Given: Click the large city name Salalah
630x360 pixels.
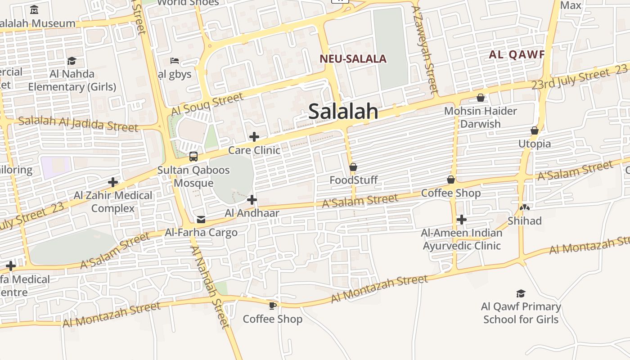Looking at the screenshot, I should pyautogui.click(x=343, y=111).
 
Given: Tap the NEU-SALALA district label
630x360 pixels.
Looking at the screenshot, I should pyautogui.click(x=353, y=59).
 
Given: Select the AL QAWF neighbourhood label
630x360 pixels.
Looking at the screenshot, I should pyautogui.click(x=517, y=55).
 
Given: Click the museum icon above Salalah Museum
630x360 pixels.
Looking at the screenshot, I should pyautogui.click(x=34, y=9).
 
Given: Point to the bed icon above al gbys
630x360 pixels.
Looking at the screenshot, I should pyautogui.click(x=175, y=61).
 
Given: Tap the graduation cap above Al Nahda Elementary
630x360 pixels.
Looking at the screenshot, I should pyautogui.click(x=72, y=61).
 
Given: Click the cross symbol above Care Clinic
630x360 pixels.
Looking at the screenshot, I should pyautogui.click(x=254, y=137).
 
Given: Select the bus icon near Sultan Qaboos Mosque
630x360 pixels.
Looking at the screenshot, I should pyautogui.click(x=193, y=157).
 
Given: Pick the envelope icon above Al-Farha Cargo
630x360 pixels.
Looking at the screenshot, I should pyautogui.click(x=201, y=220).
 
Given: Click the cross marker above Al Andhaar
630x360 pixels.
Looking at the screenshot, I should pyautogui.click(x=252, y=200).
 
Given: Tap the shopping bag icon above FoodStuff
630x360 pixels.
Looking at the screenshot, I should pyautogui.click(x=353, y=167).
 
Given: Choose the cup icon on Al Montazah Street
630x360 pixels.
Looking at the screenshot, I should pyautogui.click(x=272, y=306).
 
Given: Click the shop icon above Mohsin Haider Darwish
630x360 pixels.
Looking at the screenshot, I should pyautogui.click(x=481, y=98).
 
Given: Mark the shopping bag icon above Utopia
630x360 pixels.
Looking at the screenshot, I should pyautogui.click(x=535, y=131).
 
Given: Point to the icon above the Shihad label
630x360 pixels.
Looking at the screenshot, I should pyautogui.click(x=524, y=208).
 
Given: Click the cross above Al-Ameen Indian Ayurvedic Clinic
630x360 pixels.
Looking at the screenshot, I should pyautogui.click(x=461, y=220).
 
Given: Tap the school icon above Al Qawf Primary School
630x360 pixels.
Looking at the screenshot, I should pyautogui.click(x=521, y=293).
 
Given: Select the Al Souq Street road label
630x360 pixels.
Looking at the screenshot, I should pyautogui.click(x=207, y=104).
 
